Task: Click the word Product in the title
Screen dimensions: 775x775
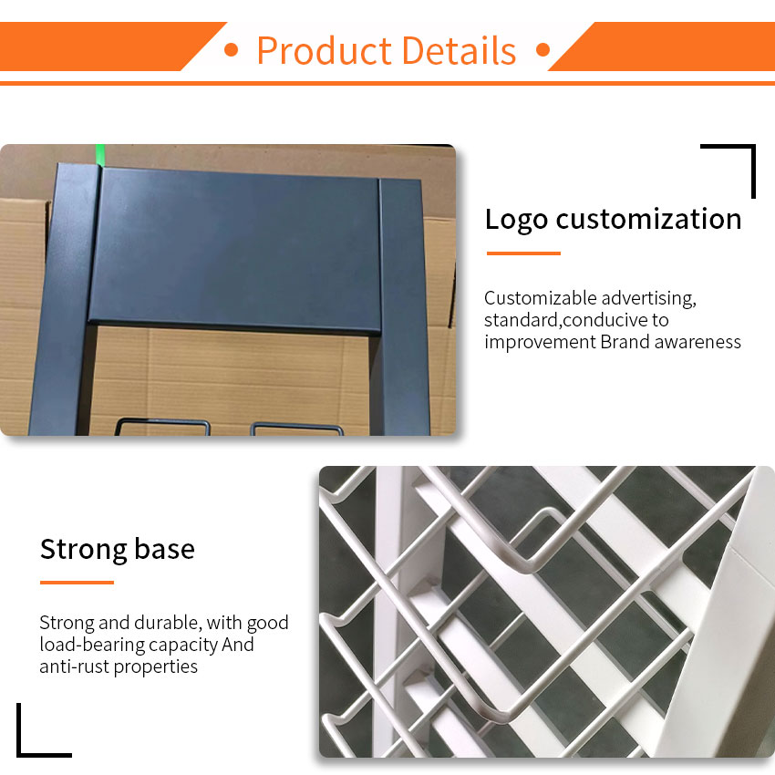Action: pos(325,50)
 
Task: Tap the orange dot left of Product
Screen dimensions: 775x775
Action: pos(231,50)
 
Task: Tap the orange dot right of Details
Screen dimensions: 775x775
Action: pos(542,50)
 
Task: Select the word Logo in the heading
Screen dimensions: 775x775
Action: pos(516,220)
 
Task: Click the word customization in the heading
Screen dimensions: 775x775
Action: pos(648,219)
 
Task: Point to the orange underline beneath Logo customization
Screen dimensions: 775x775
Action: pos(523,253)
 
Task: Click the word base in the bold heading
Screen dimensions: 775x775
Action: pos(165,549)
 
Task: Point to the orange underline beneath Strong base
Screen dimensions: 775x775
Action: pos(77,583)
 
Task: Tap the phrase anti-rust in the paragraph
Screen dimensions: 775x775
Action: pos(74,666)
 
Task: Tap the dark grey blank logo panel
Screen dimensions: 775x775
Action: pos(234,250)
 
